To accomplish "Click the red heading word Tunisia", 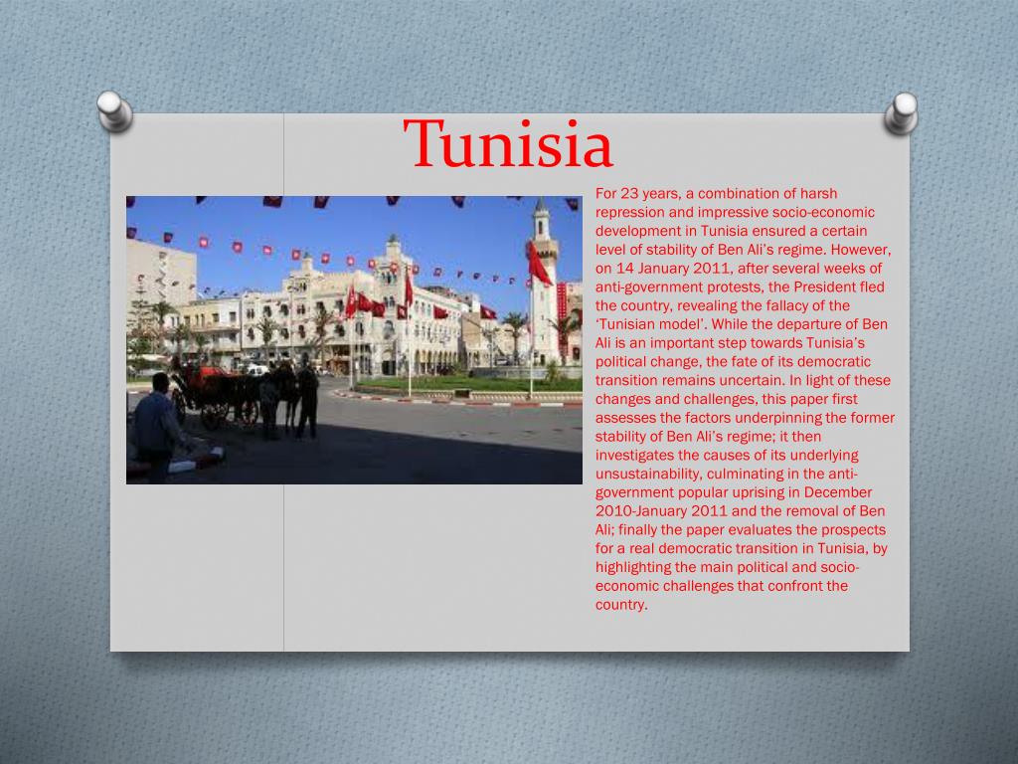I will (x=509, y=145).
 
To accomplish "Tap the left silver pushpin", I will (x=114, y=110).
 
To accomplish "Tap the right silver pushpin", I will (x=902, y=112).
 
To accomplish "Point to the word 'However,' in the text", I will (x=863, y=250).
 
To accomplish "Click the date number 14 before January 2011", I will (x=624, y=269).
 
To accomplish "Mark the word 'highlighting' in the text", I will (x=635, y=567).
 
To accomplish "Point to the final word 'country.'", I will (x=621, y=604).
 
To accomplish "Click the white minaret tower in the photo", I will (x=543, y=288).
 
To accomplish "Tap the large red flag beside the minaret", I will (x=539, y=267).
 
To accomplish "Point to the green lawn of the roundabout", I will (x=467, y=383).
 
